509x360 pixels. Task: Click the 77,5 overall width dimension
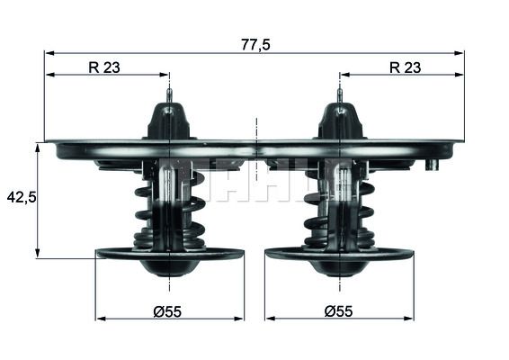tap(256, 42)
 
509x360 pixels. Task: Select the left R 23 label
tap(106, 66)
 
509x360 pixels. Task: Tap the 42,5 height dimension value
tap(21, 196)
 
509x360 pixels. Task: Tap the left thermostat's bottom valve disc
tap(169, 255)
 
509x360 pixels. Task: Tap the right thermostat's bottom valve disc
tap(339, 255)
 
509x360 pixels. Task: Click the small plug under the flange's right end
tap(433, 165)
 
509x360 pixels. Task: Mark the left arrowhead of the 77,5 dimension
tap(49, 53)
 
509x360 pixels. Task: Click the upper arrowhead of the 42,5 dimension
tap(37, 146)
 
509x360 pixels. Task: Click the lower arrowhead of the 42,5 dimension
tap(37, 255)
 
